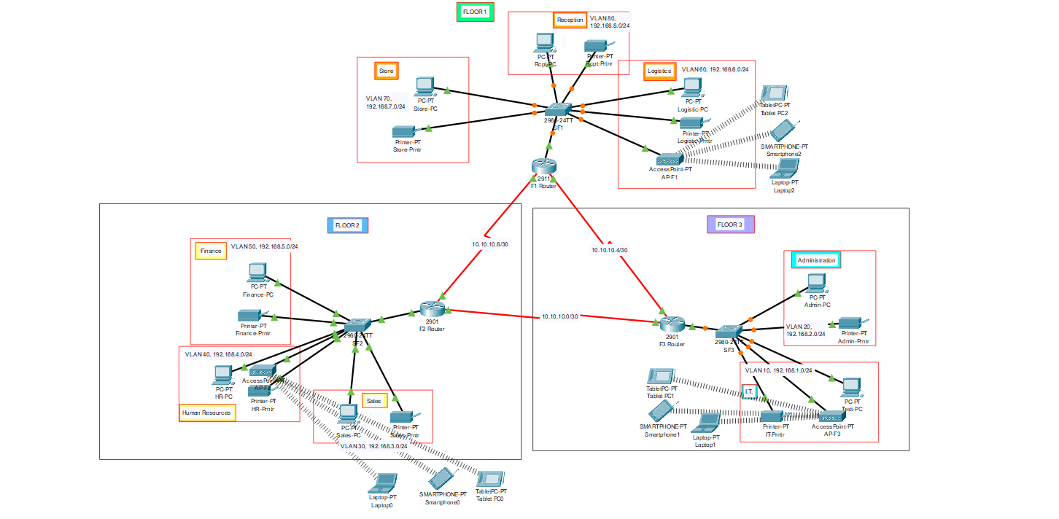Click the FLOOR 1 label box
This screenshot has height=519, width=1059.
(475, 12)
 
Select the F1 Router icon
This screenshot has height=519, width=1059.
(544, 165)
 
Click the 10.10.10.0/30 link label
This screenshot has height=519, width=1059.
(559, 316)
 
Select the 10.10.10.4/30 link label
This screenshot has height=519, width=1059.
(609, 250)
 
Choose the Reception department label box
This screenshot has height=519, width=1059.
(570, 20)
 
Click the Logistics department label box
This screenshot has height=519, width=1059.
(659, 71)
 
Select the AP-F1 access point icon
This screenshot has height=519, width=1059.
(668, 160)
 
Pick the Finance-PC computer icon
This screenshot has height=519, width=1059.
(257, 273)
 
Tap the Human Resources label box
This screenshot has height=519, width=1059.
(206, 413)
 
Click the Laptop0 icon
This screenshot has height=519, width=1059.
(383, 483)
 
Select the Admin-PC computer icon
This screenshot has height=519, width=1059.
(816, 282)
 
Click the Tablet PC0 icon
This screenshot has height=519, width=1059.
(489, 479)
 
